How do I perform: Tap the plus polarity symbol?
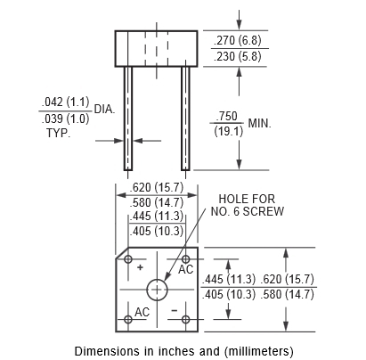pyautogui.click(x=140, y=267)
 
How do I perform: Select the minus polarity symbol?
pyautogui.click(x=175, y=310)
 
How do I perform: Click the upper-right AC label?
pyautogui.click(x=186, y=270)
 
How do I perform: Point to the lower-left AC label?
pyautogui.click(x=142, y=312)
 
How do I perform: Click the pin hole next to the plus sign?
pyautogui.click(x=128, y=259)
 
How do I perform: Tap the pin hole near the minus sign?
pyautogui.click(x=185, y=320)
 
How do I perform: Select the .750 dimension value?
pyautogui.click(x=227, y=116)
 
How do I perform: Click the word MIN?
pyautogui.click(x=260, y=123)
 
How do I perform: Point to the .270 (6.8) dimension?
pyautogui.click(x=238, y=40)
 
